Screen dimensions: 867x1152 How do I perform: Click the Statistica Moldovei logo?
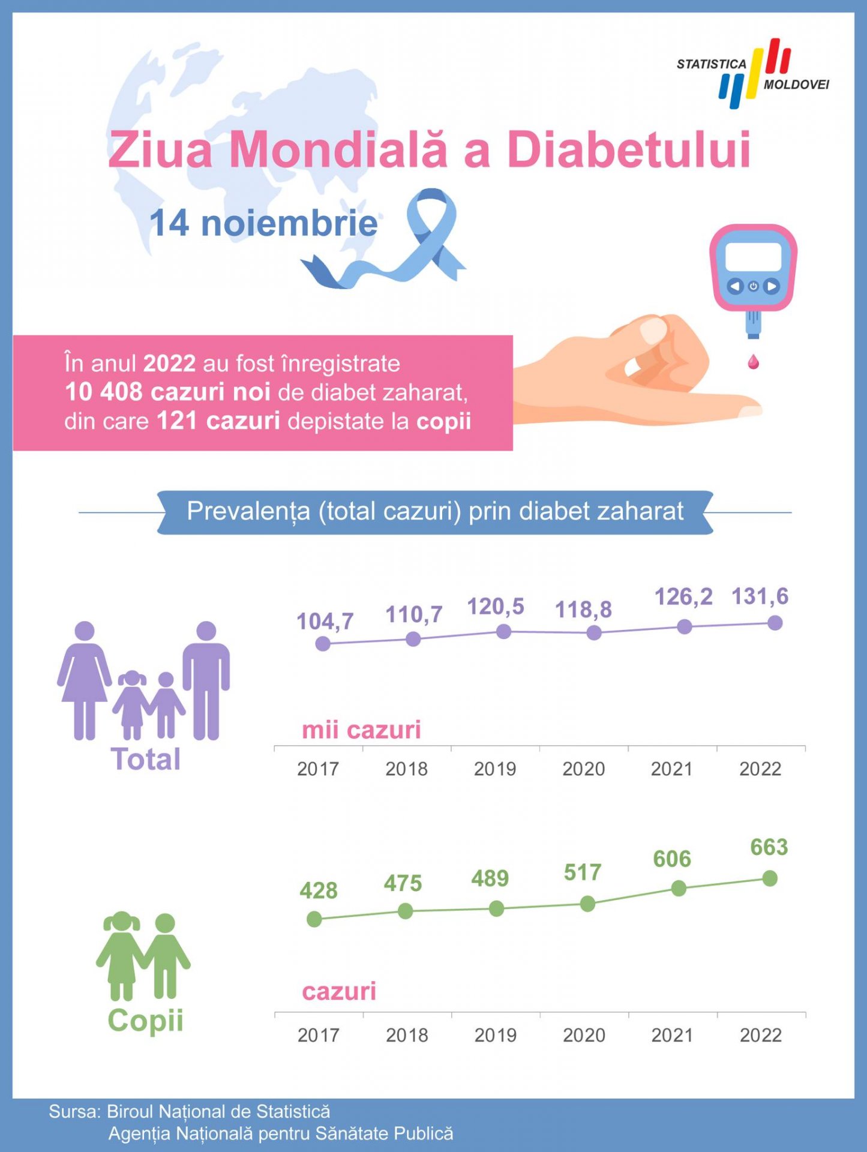coord(753,73)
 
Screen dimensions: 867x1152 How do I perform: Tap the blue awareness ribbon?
coord(420,240)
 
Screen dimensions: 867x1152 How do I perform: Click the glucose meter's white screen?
coord(753,257)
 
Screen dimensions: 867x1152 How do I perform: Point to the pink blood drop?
coord(753,361)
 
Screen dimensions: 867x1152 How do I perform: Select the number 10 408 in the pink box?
coord(104,392)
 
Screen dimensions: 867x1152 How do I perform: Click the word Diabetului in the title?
coord(629,149)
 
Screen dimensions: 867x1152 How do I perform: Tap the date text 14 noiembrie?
coord(263,224)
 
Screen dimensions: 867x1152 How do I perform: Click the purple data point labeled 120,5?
coord(504,631)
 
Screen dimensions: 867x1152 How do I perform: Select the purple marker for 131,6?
coord(775,623)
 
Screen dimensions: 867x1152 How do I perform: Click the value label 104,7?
coord(325,622)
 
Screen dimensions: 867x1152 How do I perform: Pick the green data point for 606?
coord(679,889)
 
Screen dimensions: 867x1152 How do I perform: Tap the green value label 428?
coord(319,890)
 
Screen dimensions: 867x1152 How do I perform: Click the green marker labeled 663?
coord(770,878)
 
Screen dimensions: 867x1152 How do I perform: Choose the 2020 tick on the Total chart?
coord(584,769)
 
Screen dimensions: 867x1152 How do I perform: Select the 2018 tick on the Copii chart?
coord(407,1035)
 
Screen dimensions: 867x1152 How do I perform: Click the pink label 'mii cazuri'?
coord(361,730)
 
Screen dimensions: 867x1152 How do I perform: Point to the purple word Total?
coord(146,760)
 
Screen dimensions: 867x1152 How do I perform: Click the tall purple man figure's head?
coord(206,631)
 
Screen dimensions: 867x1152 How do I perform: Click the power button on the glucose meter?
coord(754,286)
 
